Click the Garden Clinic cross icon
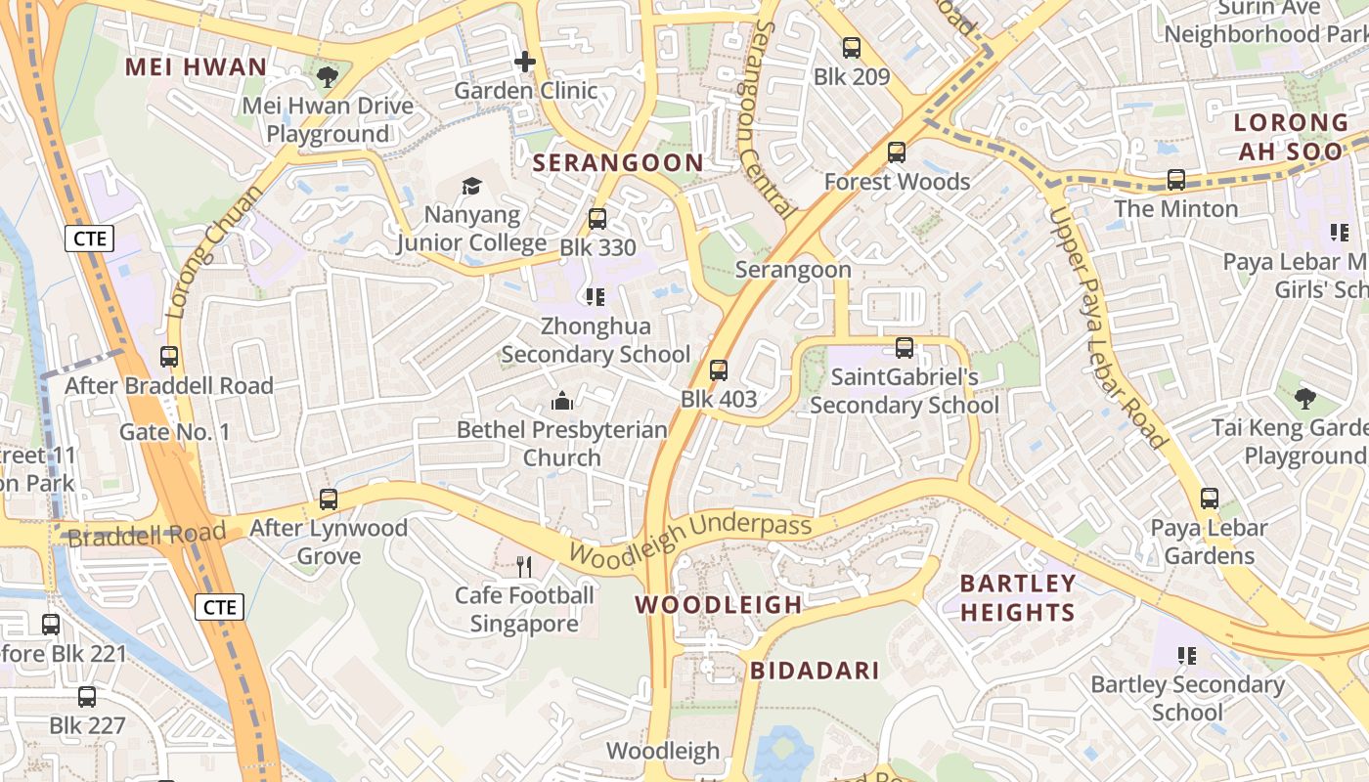[x=525, y=63]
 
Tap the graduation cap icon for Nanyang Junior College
[x=471, y=186]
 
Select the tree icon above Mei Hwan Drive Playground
[x=328, y=77]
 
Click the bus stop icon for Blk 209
[x=852, y=48]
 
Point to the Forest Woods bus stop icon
[x=897, y=152]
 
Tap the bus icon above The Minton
[x=1176, y=180]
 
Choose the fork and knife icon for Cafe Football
[x=524, y=566]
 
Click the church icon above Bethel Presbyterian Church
[x=562, y=400]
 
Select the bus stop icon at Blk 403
[x=719, y=370]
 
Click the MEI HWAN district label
[x=197, y=67]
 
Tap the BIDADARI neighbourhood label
[x=815, y=671]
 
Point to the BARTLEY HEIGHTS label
[x=1018, y=598]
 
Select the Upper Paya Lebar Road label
[x=1109, y=327]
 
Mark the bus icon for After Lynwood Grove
[x=329, y=500]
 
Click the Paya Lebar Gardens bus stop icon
[x=1210, y=499]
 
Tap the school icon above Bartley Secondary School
[x=1188, y=655]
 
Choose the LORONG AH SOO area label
[x=1291, y=137]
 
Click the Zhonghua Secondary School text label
[x=596, y=339]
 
